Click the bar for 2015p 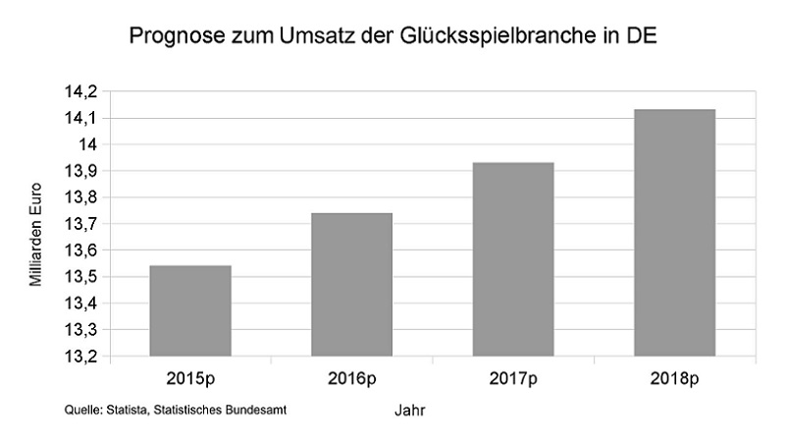pos(189,310)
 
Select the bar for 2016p pos(351,285)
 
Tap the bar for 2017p pos(513,259)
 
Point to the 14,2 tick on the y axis pos(81,92)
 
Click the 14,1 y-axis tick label pos(81,119)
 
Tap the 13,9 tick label pos(81,172)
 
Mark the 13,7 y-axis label pos(81,225)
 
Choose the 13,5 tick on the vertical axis pos(81,277)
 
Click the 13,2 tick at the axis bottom pos(81,357)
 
